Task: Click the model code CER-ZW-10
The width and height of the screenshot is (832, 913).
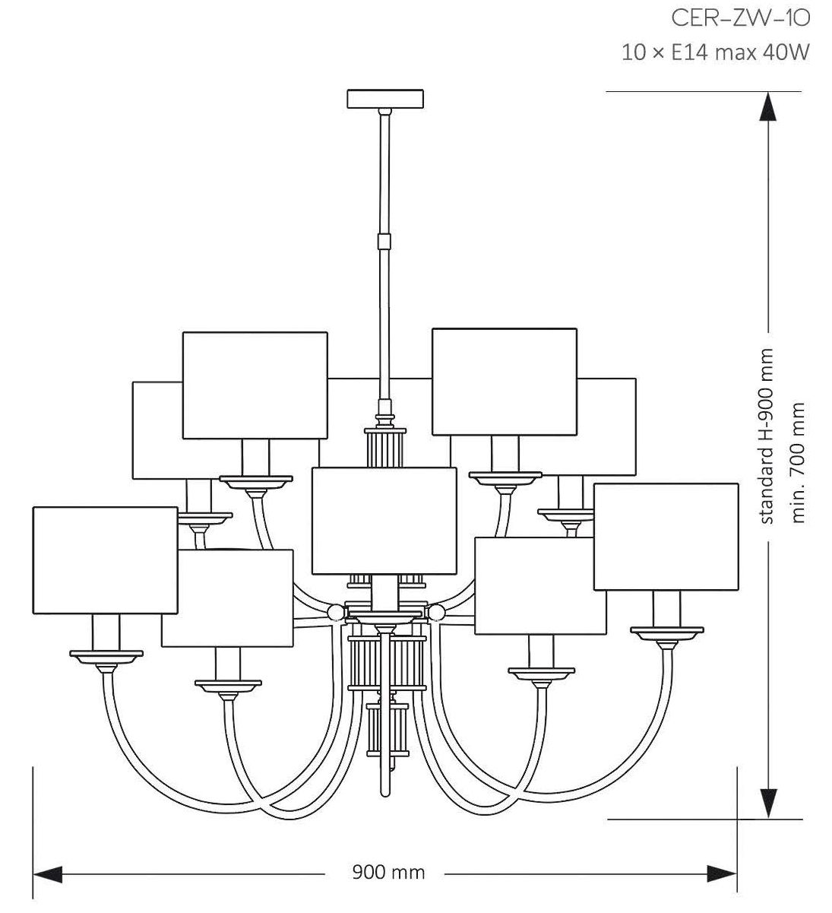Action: [x=736, y=18]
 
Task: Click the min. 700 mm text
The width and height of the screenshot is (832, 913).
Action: [x=798, y=462]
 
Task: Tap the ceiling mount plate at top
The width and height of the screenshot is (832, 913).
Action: [x=385, y=99]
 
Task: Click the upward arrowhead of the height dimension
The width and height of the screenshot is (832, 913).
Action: [x=769, y=106]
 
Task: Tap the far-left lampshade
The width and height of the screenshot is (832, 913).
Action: [x=105, y=560]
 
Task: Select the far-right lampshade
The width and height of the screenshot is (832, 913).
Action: [x=666, y=536]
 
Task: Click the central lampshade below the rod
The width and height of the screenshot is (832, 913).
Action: [x=384, y=521]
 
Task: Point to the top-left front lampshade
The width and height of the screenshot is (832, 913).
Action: [x=255, y=385]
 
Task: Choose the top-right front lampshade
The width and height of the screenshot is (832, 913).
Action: [x=504, y=381]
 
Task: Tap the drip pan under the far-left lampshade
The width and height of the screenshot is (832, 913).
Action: [x=106, y=654]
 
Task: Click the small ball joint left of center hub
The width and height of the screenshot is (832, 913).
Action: [x=334, y=611]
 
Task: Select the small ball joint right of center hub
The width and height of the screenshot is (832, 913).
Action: [x=436, y=611]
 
